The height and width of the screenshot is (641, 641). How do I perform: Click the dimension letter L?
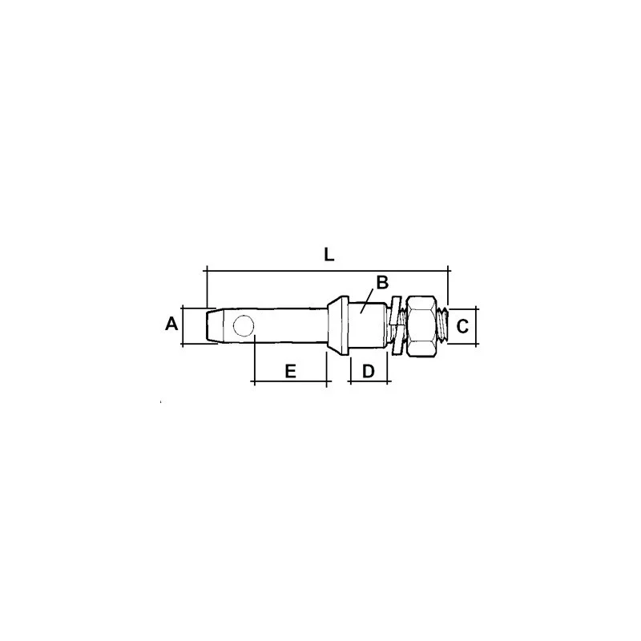(329, 255)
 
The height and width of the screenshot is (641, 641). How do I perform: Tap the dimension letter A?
(171, 324)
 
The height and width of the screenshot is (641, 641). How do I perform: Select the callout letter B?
(382, 283)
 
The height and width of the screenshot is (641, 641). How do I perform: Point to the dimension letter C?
(462, 327)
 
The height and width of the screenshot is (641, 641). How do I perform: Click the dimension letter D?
(369, 371)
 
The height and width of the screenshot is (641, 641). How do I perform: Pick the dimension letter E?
(290, 371)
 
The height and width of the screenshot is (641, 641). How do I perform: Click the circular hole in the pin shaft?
(244, 326)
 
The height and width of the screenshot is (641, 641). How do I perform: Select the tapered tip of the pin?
(215, 326)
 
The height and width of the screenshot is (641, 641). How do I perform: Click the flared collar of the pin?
(338, 326)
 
